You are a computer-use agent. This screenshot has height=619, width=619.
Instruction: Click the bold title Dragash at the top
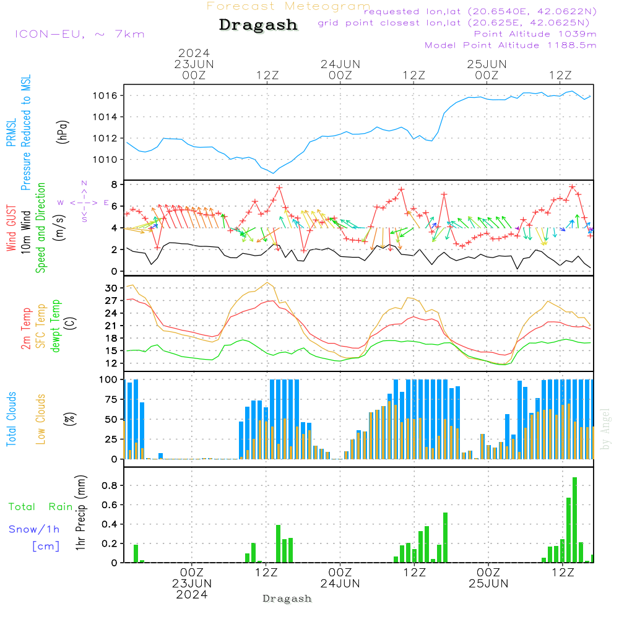coord(258,25)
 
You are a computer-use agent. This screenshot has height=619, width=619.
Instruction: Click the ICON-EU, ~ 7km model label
coord(80,34)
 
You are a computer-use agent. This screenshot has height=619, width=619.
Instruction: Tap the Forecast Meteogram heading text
coord(288,6)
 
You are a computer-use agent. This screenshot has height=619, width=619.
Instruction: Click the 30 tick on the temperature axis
coord(111,288)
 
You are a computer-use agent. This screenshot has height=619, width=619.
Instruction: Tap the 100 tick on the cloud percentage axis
coord(109,379)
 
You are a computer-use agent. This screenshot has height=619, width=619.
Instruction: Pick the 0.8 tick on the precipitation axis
coord(110,485)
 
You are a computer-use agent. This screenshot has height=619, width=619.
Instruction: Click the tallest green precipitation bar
coord(574,520)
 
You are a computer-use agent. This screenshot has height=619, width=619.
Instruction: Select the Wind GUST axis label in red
coord(12,228)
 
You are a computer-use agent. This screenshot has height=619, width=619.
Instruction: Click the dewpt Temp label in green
coord(56,326)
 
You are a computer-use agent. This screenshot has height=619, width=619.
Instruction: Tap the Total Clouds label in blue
coord(12,419)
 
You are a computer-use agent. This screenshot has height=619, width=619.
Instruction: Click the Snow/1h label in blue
coord(35,529)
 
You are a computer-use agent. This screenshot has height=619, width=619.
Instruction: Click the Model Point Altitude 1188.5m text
coord(511,45)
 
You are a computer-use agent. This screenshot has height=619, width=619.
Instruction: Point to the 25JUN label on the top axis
coord(487,64)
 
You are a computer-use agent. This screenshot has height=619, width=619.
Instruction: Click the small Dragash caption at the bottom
coord(287,599)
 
